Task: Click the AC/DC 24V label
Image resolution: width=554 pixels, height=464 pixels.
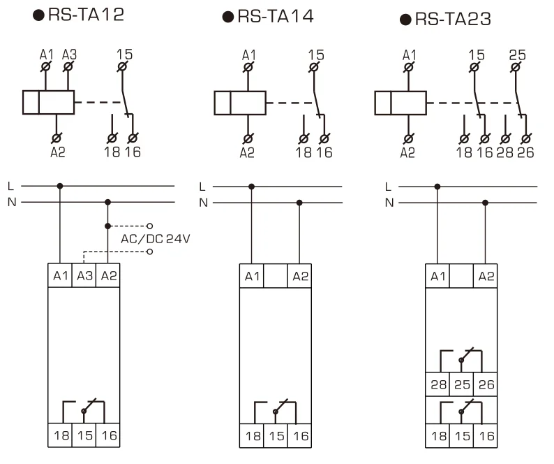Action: pos(156,238)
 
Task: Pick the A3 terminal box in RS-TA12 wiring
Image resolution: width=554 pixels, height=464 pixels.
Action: pos(84,275)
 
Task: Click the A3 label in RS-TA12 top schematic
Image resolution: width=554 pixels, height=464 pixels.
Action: pos(69,54)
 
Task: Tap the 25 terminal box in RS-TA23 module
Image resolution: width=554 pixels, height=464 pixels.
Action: pos(461,384)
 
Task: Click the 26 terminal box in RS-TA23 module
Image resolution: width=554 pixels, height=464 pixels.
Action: pos(485,384)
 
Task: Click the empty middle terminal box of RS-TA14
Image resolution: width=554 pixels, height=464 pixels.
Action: pos(276,276)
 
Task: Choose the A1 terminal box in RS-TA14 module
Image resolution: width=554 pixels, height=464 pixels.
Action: pos(252,276)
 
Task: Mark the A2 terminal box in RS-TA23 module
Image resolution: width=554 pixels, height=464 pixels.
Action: pos(485,276)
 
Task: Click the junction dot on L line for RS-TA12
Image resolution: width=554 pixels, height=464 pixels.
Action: pos(60,187)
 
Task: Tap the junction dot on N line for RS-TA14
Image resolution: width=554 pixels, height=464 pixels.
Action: pos(299,203)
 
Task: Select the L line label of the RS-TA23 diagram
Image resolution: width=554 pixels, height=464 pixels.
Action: pos(389,187)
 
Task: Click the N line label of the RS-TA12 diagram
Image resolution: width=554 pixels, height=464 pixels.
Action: pos(10,203)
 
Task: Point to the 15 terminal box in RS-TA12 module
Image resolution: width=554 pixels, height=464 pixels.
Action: pos(84,435)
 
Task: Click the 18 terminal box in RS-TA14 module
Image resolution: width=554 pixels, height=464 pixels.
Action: pos(252,435)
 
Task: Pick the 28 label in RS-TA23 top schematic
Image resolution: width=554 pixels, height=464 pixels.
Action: pos(505,152)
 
